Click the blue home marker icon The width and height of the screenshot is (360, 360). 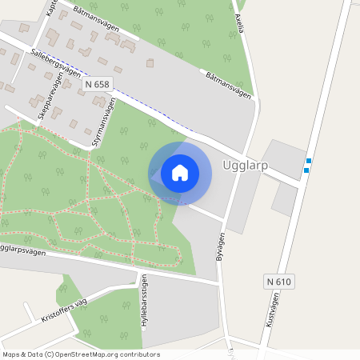tap(180, 172)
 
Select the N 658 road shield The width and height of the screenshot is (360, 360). tap(98, 83)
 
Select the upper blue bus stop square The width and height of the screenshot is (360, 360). tap(308, 161)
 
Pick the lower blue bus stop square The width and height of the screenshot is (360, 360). tap(306, 170)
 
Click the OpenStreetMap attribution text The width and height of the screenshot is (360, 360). tap(82, 354)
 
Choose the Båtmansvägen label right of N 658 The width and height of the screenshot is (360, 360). tap(227, 86)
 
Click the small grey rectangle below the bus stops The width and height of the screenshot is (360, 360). tap(284, 200)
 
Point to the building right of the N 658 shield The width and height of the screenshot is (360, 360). tap(150, 62)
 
